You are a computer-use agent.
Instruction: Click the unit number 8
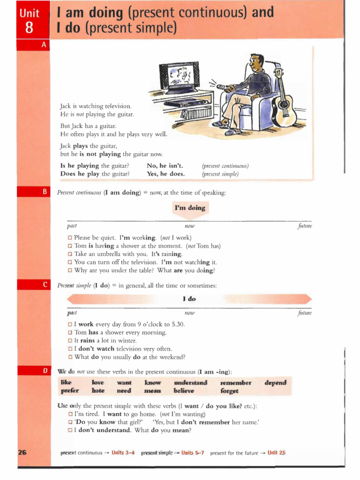tap(29, 28)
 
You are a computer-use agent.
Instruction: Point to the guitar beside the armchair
tap(284, 103)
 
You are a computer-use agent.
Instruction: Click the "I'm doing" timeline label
tap(190, 208)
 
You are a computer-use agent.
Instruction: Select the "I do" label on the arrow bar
tap(189, 299)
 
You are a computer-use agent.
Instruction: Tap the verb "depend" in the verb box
tap(276, 382)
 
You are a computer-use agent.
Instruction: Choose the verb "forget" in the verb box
tap(229, 390)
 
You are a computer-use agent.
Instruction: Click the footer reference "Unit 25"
tap(276, 453)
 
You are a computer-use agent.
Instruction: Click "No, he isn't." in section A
tap(165, 165)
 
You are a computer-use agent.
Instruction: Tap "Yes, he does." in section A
tap(166, 173)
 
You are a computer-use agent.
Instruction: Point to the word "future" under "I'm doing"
tap(305, 226)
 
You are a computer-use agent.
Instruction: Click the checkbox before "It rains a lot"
tap(70, 341)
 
